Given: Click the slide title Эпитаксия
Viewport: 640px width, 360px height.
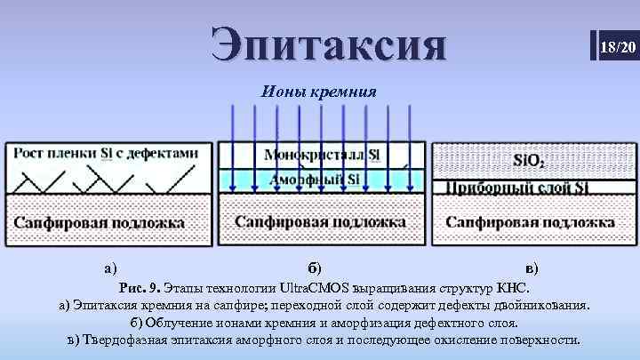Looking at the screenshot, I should click(329, 44).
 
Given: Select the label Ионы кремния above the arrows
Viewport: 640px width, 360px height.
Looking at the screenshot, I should click(319, 91).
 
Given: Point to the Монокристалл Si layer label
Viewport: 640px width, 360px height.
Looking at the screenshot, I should click(322, 155).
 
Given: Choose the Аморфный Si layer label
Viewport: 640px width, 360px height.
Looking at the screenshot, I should click(319, 180).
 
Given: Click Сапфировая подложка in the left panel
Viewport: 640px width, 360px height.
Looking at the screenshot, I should click(99, 222).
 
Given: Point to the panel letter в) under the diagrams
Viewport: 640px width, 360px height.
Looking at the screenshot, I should click(531, 267).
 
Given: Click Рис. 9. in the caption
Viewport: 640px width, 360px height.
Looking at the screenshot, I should click(139, 288).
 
